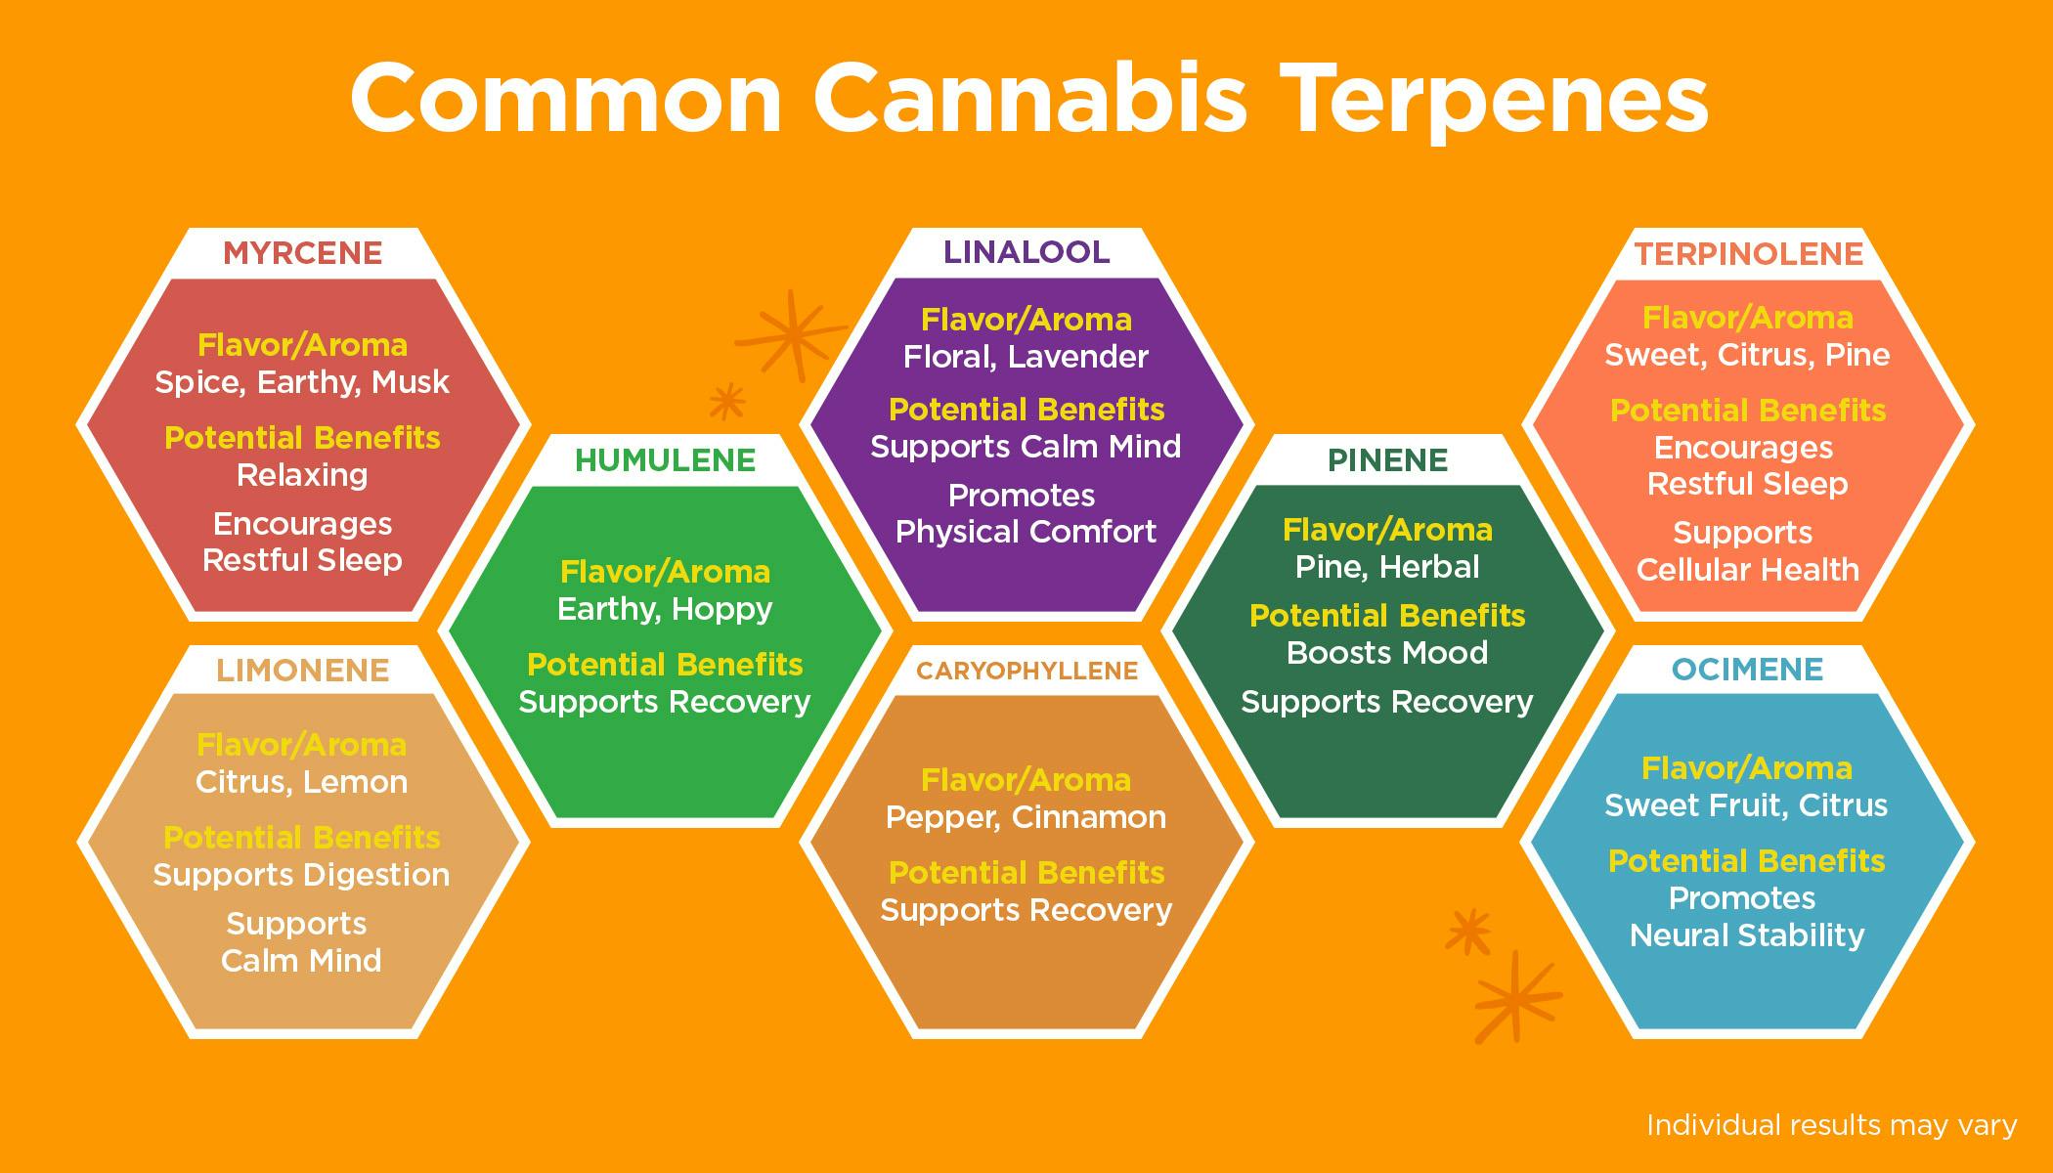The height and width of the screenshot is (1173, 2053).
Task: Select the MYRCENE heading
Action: coord(302,253)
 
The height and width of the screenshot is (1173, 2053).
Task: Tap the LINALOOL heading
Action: coord(1026,252)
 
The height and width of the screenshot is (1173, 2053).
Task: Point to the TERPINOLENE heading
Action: coord(1748,254)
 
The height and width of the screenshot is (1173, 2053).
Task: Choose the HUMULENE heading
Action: coord(665,460)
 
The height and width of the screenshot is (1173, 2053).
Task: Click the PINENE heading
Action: coord(1387,460)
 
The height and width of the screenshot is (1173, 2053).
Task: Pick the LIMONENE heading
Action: coord(302,671)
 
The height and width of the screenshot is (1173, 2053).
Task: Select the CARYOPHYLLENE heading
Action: coord(1026,671)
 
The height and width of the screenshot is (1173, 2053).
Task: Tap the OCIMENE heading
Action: coord(1747,670)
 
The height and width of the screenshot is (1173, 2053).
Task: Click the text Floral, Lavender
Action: coord(1026,357)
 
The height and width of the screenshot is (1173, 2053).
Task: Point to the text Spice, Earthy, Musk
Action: coord(302,382)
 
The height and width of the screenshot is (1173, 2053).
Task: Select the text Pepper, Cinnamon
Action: coord(1026,817)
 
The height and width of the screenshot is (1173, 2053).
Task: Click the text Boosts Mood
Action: coord(1387,653)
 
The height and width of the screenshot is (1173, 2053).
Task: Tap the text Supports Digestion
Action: coord(301,875)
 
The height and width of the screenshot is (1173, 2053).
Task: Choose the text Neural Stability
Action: coord(1747,935)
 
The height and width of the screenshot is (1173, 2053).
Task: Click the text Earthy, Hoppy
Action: coord(665,609)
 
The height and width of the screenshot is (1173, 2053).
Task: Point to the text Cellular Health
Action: coord(1747,570)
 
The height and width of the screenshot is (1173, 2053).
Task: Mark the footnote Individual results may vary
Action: coord(1831,1125)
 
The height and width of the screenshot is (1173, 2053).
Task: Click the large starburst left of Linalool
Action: coord(792,334)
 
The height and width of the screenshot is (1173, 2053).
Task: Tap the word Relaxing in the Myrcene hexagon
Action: coord(302,475)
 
